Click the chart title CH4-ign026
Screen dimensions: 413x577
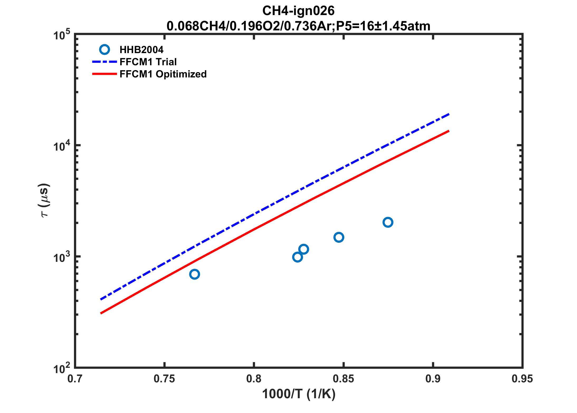click(x=298, y=11)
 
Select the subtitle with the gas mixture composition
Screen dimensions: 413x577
click(x=298, y=26)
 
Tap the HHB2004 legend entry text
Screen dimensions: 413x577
click(x=141, y=50)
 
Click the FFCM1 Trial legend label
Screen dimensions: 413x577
click(x=148, y=62)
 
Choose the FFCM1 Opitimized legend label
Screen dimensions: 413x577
click(x=163, y=74)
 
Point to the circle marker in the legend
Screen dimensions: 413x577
click(x=104, y=49)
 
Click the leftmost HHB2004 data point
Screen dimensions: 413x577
click(x=194, y=274)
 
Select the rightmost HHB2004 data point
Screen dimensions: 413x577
click(x=388, y=222)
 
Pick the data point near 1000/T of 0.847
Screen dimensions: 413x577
click(x=338, y=237)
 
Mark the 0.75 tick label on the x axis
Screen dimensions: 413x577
click(x=164, y=379)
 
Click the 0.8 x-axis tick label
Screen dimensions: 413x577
click(x=254, y=379)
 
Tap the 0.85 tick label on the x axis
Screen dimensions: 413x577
click(x=343, y=379)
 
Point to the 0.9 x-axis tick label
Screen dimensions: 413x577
click(x=433, y=379)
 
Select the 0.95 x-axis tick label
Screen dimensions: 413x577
click(x=522, y=379)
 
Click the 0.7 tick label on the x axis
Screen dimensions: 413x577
click(x=75, y=379)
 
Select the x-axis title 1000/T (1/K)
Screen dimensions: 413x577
click(x=299, y=394)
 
